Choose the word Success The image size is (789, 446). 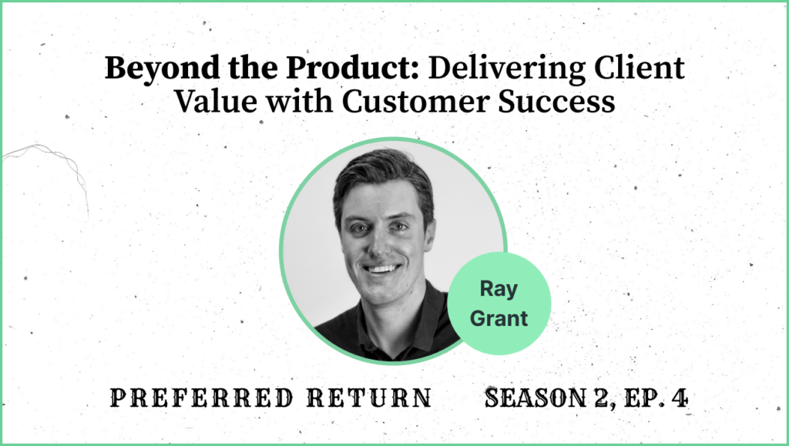(556, 101)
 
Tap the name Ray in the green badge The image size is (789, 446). (499, 290)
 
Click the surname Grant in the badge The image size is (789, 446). (499, 318)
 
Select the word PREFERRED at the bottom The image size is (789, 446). (202, 397)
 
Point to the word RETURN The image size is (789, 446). (370, 397)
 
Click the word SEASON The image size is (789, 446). (536, 397)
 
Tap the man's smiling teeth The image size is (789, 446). (382, 269)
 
